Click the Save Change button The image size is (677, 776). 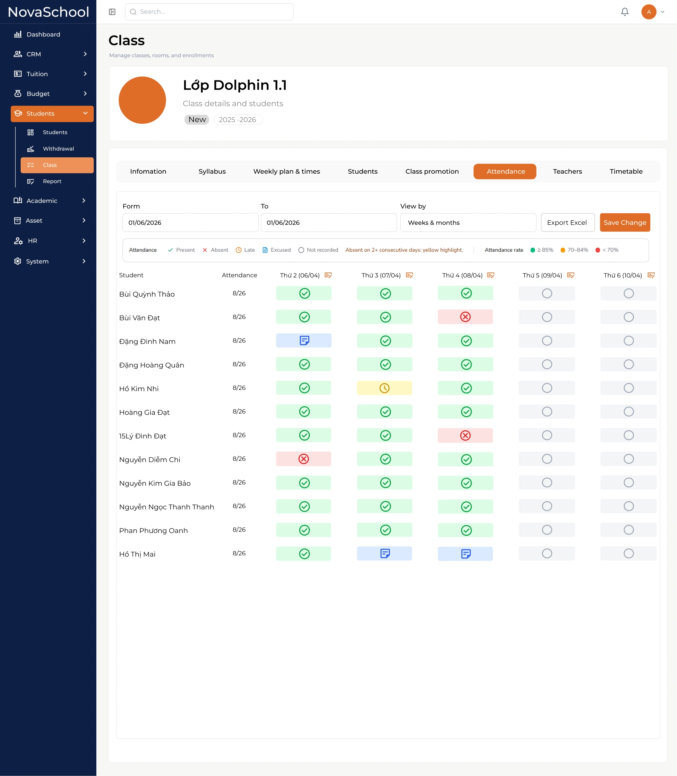tap(625, 222)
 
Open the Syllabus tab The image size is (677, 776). tap(212, 171)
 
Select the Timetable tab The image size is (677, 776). tap(626, 171)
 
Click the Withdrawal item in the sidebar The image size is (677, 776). tap(58, 149)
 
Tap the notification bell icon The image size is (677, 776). tap(625, 12)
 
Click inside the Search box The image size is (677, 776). tap(209, 12)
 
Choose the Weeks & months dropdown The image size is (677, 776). tap(468, 222)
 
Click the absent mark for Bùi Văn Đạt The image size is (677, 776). tap(465, 317)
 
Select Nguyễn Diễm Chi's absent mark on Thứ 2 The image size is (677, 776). tap(304, 459)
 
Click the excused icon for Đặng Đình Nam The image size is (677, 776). tap(304, 341)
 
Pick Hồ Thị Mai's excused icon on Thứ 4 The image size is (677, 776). tap(466, 554)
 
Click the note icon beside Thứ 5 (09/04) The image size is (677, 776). tap(571, 275)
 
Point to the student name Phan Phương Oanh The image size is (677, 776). tap(153, 530)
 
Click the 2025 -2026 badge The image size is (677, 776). tap(238, 120)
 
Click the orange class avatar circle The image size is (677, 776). tap(143, 100)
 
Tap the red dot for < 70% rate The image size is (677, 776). tap(598, 250)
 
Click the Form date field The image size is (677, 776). tap(190, 222)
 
